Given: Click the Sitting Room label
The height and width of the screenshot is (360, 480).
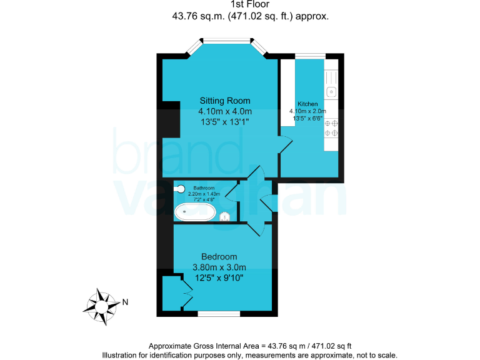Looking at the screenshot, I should pyautogui.click(x=225, y=101).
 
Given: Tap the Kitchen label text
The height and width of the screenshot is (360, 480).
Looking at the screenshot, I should pyautogui.click(x=307, y=104).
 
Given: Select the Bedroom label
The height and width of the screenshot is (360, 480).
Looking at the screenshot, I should pyautogui.click(x=219, y=257).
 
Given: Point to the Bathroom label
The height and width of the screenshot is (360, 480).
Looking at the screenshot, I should pyautogui.click(x=204, y=188).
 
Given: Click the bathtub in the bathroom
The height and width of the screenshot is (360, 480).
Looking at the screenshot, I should pyautogui.click(x=195, y=212).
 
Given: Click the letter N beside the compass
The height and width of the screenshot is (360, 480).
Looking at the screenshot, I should pyautogui.click(x=125, y=303).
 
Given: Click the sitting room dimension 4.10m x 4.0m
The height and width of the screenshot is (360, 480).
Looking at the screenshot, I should pyautogui.click(x=225, y=111).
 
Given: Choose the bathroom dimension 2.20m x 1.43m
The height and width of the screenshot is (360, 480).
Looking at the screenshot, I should pyautogui.click(x=204, y=194).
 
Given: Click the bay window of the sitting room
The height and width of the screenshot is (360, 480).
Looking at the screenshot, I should pyautogui.click(x=227, y=41).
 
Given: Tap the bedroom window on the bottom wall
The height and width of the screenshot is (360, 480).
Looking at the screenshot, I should pyautogui.click(x=219, y=311).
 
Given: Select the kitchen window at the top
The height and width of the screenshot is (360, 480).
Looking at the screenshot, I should pyautogui.click(x=310, y=56).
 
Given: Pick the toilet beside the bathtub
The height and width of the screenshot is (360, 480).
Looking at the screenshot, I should pyautogui.click(x=226, y=217).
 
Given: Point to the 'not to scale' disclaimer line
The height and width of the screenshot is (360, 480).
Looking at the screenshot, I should pyautogui.click(x=250, y=355).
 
